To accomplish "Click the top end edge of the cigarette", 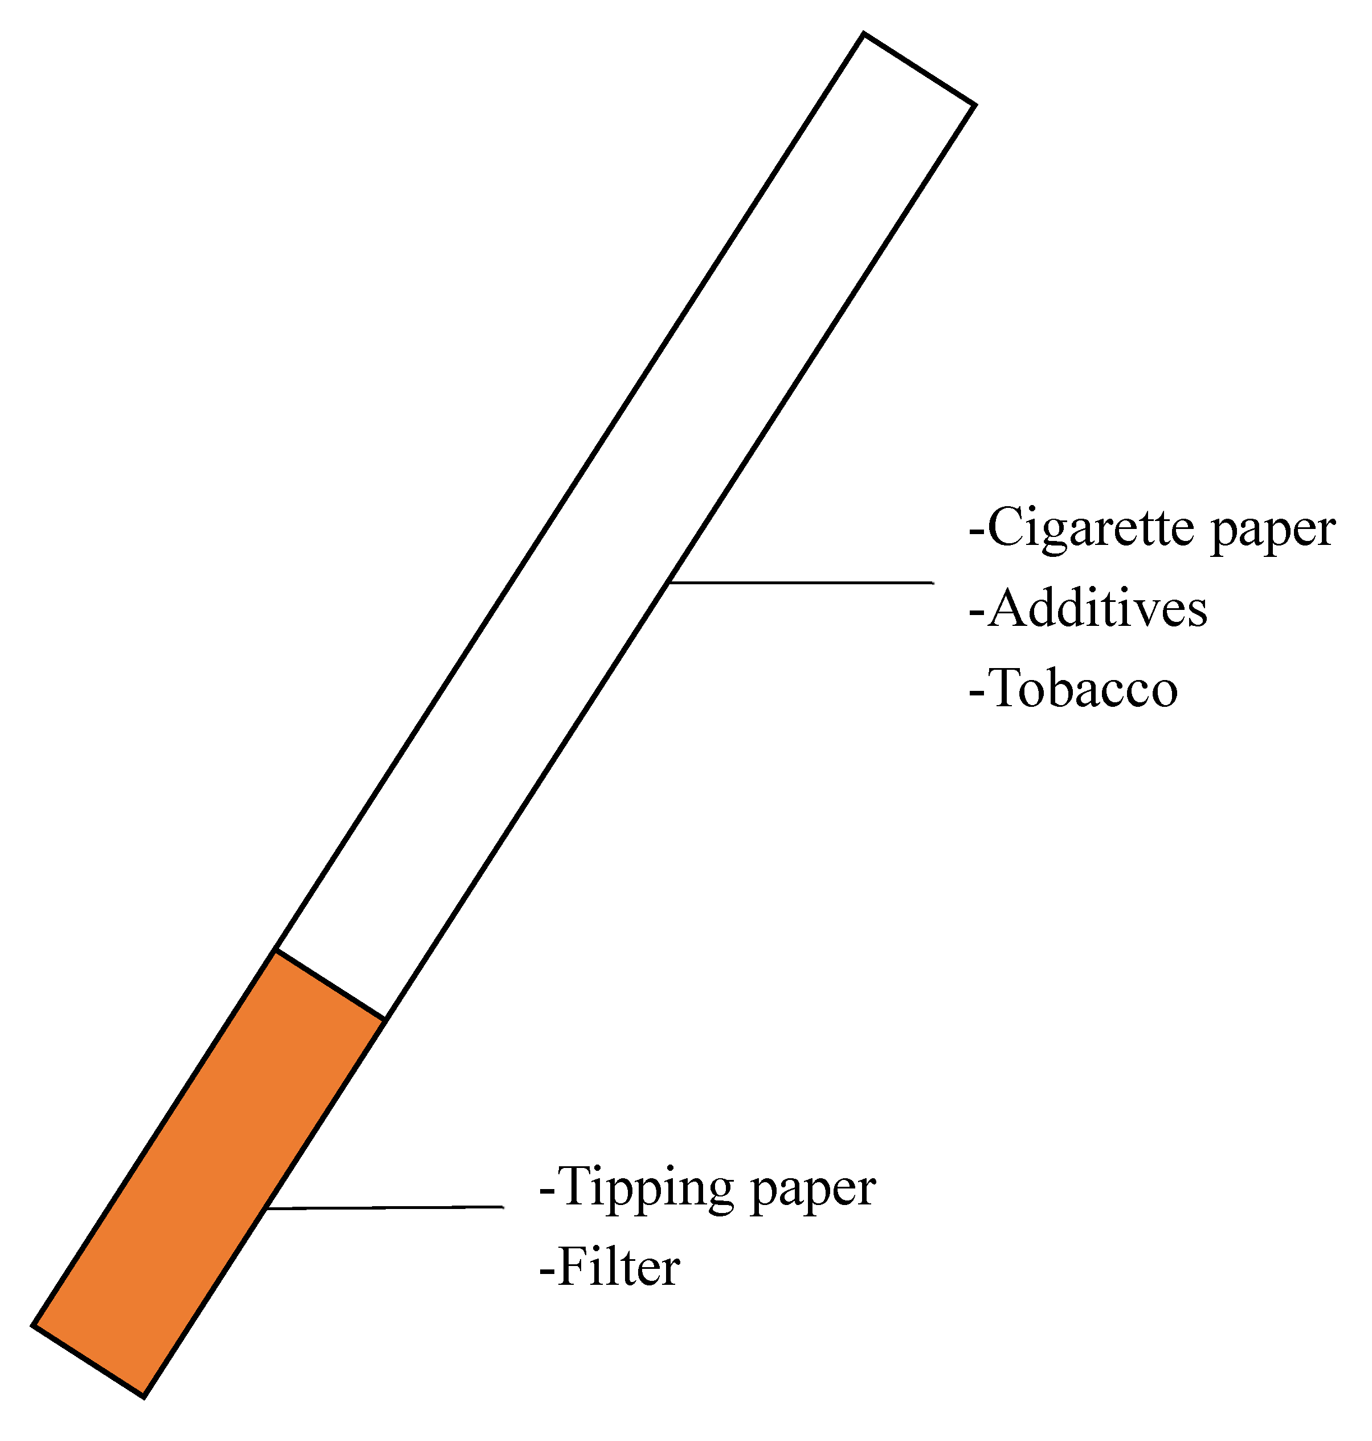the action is [x=919, y=69].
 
